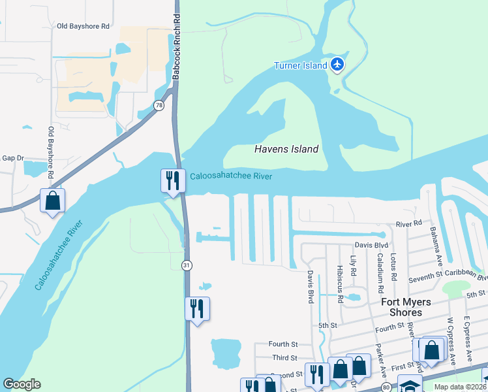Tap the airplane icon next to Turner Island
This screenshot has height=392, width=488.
pyautogui.click(x=337, y=64)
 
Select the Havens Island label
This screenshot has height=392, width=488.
pyautogui.click(x=286, y=149)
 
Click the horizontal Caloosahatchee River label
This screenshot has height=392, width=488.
pyautogui.click(x=231, y=176)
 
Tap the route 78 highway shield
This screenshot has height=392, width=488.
pyautogui.click(x=159, y=105)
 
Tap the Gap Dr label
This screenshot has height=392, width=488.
pyautogui.click(x=12, y=158)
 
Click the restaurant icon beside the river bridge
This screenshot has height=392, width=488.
pyautogui.click(x=172, y=180)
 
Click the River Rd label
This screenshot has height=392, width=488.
pyautogui.click(x=409, y=224)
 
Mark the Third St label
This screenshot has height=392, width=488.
pyautogui.click(x=284, y=358)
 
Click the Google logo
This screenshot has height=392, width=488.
pyautogui.click(x=22, y=384)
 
